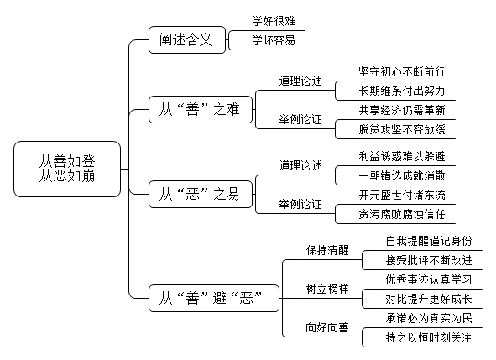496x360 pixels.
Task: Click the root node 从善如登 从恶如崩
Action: tap(67, 169)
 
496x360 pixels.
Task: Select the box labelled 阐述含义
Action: tap(187, 39)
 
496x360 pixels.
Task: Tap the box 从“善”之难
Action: tap(201, 109)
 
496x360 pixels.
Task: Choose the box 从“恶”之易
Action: tap(201, 194)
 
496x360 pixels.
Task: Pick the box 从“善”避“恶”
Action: tap(214, 298)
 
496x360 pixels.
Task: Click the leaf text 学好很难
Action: tap(274, 21)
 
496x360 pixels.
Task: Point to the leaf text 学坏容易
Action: tap(274, 40)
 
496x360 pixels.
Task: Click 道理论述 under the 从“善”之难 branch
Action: tap(300, 81)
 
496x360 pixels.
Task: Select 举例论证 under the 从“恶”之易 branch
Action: tap(300, 204)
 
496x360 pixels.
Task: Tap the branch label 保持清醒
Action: tap(327, 250)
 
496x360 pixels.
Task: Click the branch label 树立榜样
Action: tap(327, 289)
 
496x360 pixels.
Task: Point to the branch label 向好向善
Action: tap(327, 327)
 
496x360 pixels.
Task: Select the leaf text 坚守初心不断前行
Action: tap(402, 71)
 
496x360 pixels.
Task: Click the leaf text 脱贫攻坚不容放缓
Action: tap(402, 129)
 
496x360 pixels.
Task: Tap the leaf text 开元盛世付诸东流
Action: tap(402, 195)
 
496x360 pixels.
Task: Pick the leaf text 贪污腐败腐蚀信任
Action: tap(402, 214)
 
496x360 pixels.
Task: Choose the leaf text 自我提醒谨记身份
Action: tap(429, 241)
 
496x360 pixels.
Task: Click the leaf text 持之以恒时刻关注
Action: tap(429, 337)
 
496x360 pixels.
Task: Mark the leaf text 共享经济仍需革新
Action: tap(402, 110)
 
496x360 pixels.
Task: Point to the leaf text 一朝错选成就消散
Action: tap(402, 175)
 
